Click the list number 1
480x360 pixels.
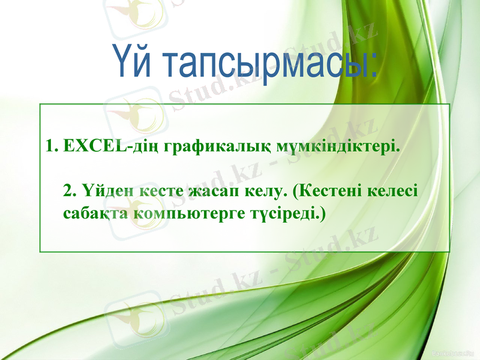(50, 146)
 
